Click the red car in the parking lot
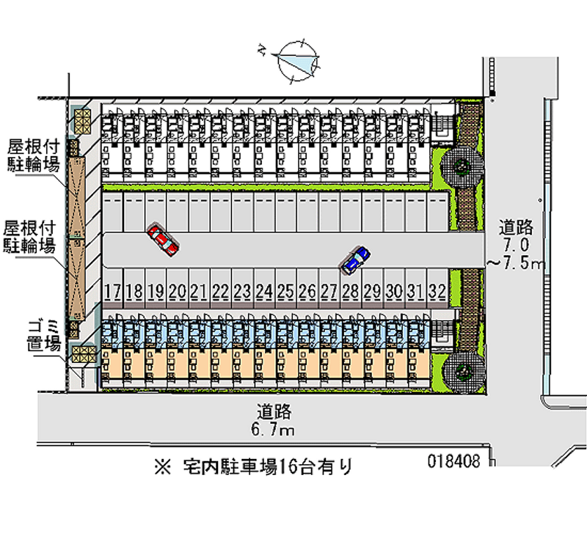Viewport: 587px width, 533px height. click(163, 238)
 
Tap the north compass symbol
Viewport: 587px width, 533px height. click(296, 59)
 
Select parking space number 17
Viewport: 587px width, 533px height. click(112, 291)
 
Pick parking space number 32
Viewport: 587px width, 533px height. click(438, 291)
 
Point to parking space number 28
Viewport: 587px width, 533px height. click(351, 291)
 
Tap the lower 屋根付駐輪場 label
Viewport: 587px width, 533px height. click(29, 236)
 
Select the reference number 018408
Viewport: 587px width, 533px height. click(455, 462)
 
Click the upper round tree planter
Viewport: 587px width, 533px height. click(462, 166)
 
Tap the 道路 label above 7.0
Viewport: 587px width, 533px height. click(517, 226)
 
